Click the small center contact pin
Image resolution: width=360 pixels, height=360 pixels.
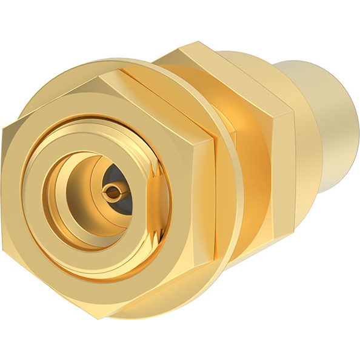[113, 193]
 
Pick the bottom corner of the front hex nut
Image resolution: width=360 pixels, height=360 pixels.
[97, 315]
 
